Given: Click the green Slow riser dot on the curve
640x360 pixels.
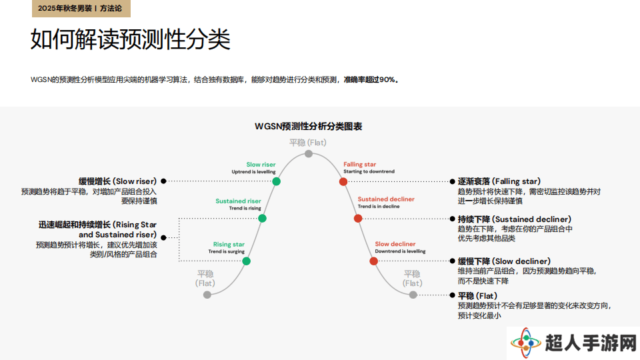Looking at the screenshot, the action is pos(276,181).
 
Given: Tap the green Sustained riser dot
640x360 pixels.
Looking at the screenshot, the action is pos(263,219).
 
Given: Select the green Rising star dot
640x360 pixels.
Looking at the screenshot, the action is pos(247,261).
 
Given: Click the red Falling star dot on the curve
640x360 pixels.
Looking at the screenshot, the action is pos(343,181).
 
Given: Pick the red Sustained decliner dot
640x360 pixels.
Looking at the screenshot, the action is pos(358,219).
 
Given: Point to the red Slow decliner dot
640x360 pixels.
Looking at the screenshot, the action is pos(373,261).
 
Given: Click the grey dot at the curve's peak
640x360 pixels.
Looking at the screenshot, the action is pos(309,154).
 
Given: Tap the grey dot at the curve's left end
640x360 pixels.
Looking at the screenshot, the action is pos(207,295).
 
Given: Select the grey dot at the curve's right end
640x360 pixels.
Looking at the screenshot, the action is pos(413,295).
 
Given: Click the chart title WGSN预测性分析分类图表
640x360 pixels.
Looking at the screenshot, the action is pos(309,127).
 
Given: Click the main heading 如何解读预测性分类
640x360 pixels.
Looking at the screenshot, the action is pos(131,39).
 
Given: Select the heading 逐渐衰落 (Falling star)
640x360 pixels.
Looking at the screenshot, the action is pos(499,181).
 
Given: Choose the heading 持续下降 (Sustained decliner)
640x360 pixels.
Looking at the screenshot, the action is pos(515,219).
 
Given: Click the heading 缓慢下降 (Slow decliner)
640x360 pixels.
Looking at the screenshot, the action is pos(504,261).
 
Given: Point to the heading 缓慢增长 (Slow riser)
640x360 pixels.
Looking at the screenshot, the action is pos(117,181).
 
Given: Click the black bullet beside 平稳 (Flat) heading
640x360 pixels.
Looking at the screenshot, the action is pos(452,295).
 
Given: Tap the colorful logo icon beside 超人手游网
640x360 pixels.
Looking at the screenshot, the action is pos(526,343).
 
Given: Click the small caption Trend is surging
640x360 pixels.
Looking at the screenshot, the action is pos(227,251).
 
